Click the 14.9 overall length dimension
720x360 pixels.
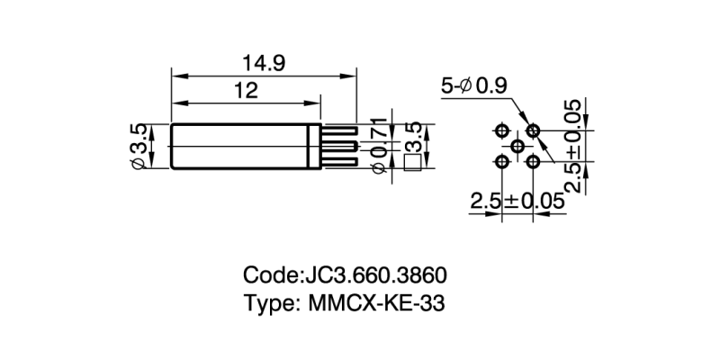coord(263,63)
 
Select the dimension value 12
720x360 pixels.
coord(246,90)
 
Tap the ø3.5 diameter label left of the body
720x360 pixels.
coord(139,146)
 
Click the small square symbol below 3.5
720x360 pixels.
coord(414,163)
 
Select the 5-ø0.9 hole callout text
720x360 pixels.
coord(474,86)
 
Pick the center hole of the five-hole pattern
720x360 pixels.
coord(517,146)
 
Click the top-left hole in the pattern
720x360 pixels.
coord(501,130)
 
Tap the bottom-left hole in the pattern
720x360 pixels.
coord(501,161)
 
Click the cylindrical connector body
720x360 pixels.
coord(243,146)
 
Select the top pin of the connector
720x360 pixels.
coord(338,130)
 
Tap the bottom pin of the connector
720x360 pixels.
coord(338,162)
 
